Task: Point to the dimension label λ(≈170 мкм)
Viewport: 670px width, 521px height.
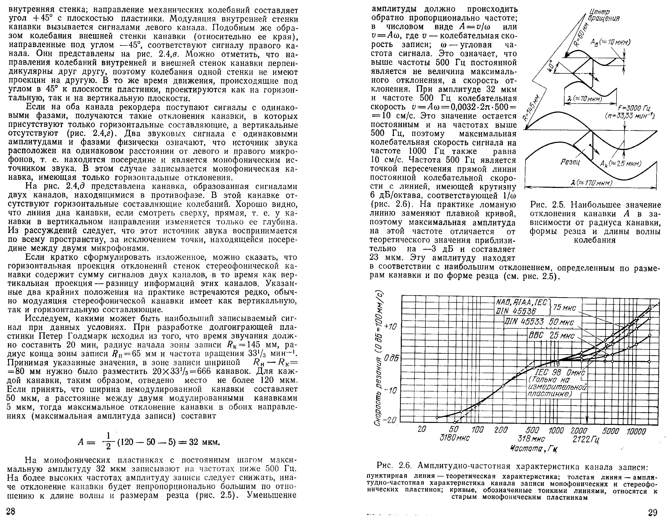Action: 591,183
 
